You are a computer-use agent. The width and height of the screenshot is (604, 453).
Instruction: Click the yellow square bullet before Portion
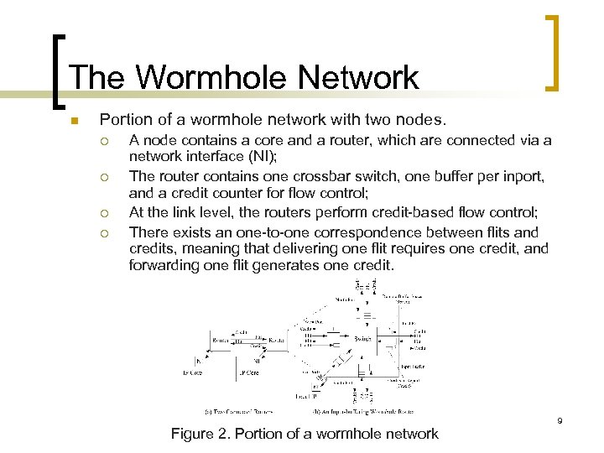click(75, 122)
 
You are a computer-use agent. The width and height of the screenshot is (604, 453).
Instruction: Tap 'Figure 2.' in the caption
click(198, 434)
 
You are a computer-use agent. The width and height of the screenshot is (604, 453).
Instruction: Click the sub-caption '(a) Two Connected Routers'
click(238, 411)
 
